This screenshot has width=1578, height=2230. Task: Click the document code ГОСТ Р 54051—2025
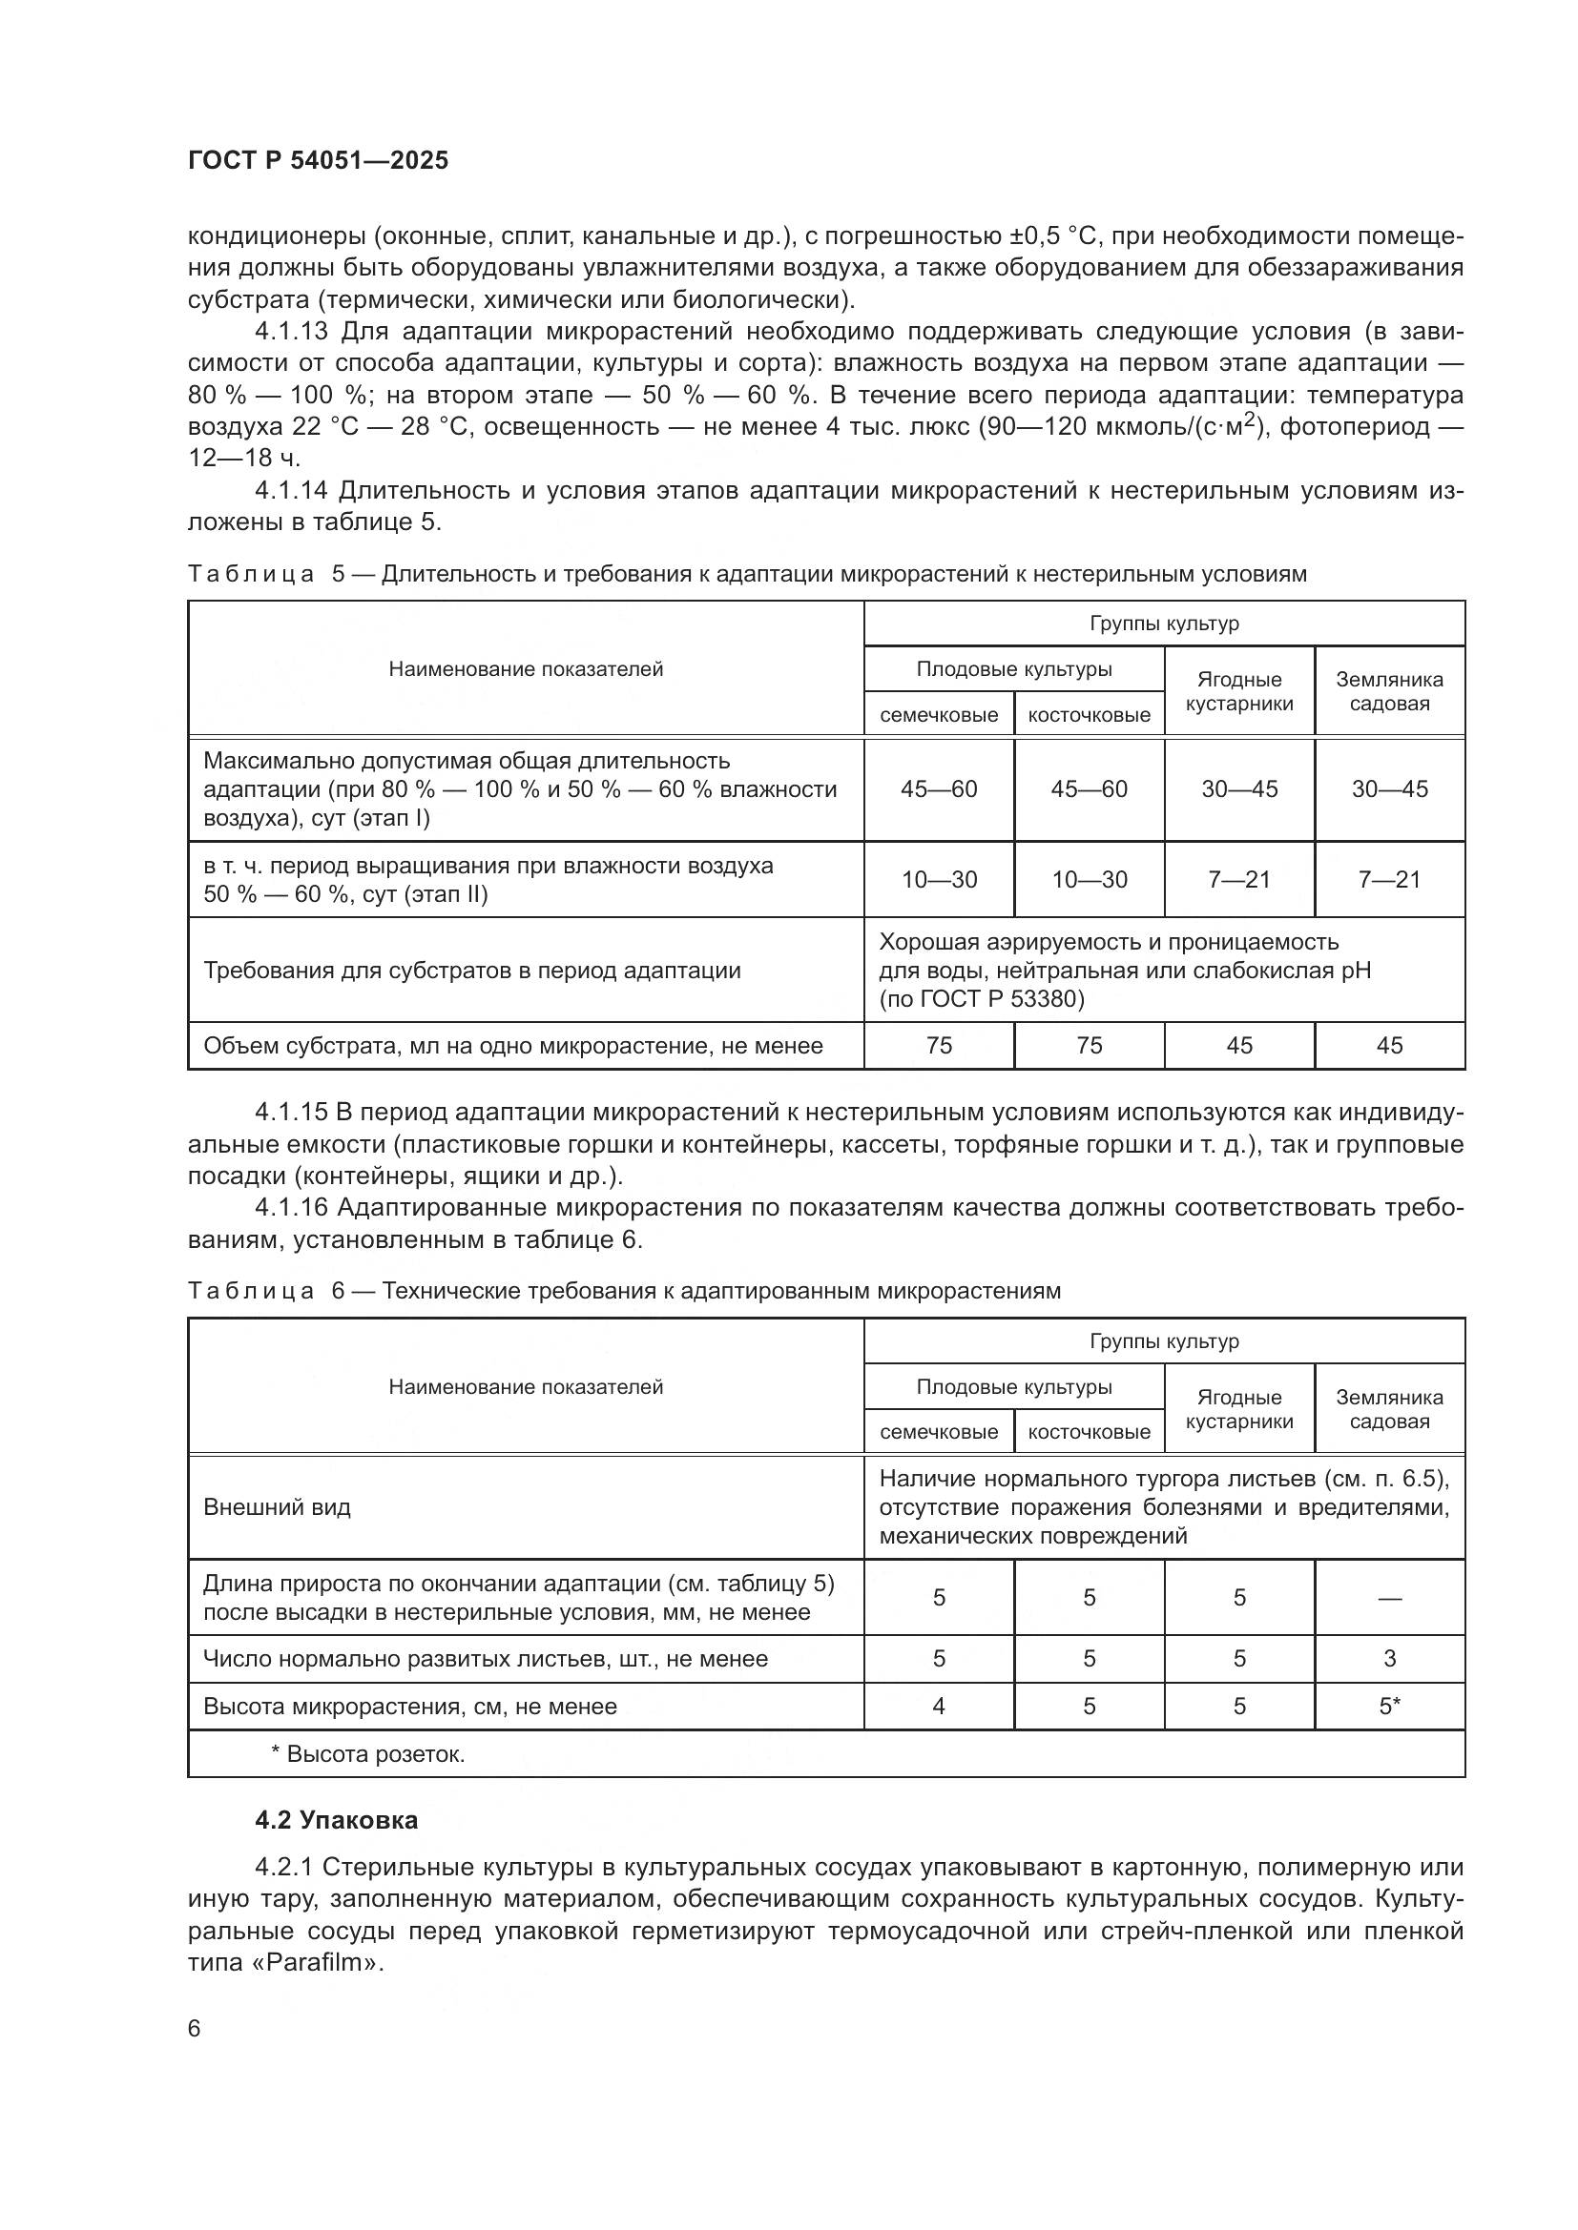pyautogui.click(x=318, y=161)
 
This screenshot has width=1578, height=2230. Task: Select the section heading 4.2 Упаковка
pyautogui.click(x=336, y=1820)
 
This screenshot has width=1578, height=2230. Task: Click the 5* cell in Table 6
pyautogui.click(x=1388, y=1707)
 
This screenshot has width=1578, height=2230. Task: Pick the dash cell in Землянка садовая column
pyautogui.click(x=1388, y=1598)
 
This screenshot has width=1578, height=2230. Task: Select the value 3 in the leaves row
pyautogui.click(x=1388, y=1659)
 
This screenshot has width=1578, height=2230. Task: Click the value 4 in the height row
pyautogui.click(x=939, y=1707)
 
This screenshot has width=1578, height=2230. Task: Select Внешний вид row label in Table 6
pyautogui.click(x=277, y=1507)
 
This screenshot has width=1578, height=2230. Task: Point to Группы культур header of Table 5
pyautogui.click(x=1164, y=624)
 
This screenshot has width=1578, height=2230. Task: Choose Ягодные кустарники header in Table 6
pyautogui.click(x=1239, y=1409)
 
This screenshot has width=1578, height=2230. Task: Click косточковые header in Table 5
pyautogui.click(x=1089, y=716)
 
